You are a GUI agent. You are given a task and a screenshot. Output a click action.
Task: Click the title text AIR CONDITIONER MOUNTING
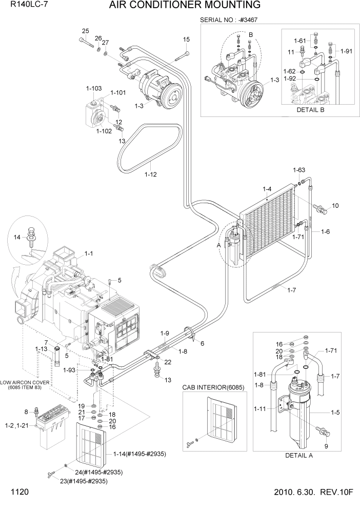(184, 6)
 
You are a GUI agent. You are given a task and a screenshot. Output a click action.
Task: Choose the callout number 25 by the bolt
(85, 31)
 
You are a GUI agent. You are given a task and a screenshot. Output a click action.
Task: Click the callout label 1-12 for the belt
(150, 174)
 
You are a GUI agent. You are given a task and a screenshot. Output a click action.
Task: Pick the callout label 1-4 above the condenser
(267, 189)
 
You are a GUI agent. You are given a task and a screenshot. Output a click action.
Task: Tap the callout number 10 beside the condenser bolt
(335, 206)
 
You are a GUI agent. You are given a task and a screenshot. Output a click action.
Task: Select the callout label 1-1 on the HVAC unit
(88, 253)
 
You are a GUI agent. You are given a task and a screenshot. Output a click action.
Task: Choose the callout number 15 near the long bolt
(186, 40)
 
